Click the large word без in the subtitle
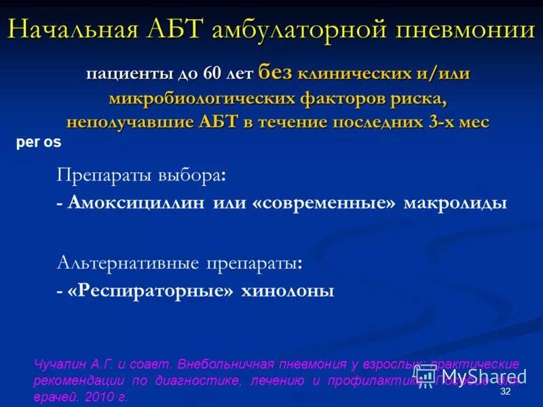tap(274, 72)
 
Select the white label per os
tap(38, 143)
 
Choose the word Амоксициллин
tap(135, 203)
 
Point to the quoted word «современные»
tap(323, 203)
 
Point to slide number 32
tap(504, 393)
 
